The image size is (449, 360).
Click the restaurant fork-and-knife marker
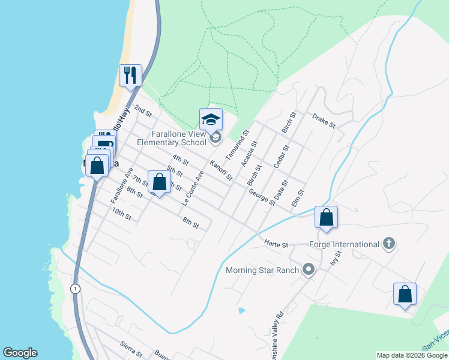pos(130,75)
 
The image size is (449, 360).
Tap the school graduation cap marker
pos(211,119)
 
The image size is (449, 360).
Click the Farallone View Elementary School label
pos(172,139)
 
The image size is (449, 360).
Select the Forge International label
pos(344,244)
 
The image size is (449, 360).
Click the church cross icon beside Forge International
pos(389,244)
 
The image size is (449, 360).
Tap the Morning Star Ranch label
pos(262,270)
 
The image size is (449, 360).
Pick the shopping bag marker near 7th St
pos(159,181)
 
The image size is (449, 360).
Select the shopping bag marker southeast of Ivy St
pos(405,294)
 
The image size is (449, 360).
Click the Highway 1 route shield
pos(75,288)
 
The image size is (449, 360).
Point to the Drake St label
pos(324,120)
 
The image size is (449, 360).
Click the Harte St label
pos(277,244)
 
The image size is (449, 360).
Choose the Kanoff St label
pos(221,169)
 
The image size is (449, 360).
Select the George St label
pos(262,196)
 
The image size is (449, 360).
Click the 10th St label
pos(121,213)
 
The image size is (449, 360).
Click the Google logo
pos(20,353)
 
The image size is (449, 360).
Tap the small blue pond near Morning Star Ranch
pos(241,311)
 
